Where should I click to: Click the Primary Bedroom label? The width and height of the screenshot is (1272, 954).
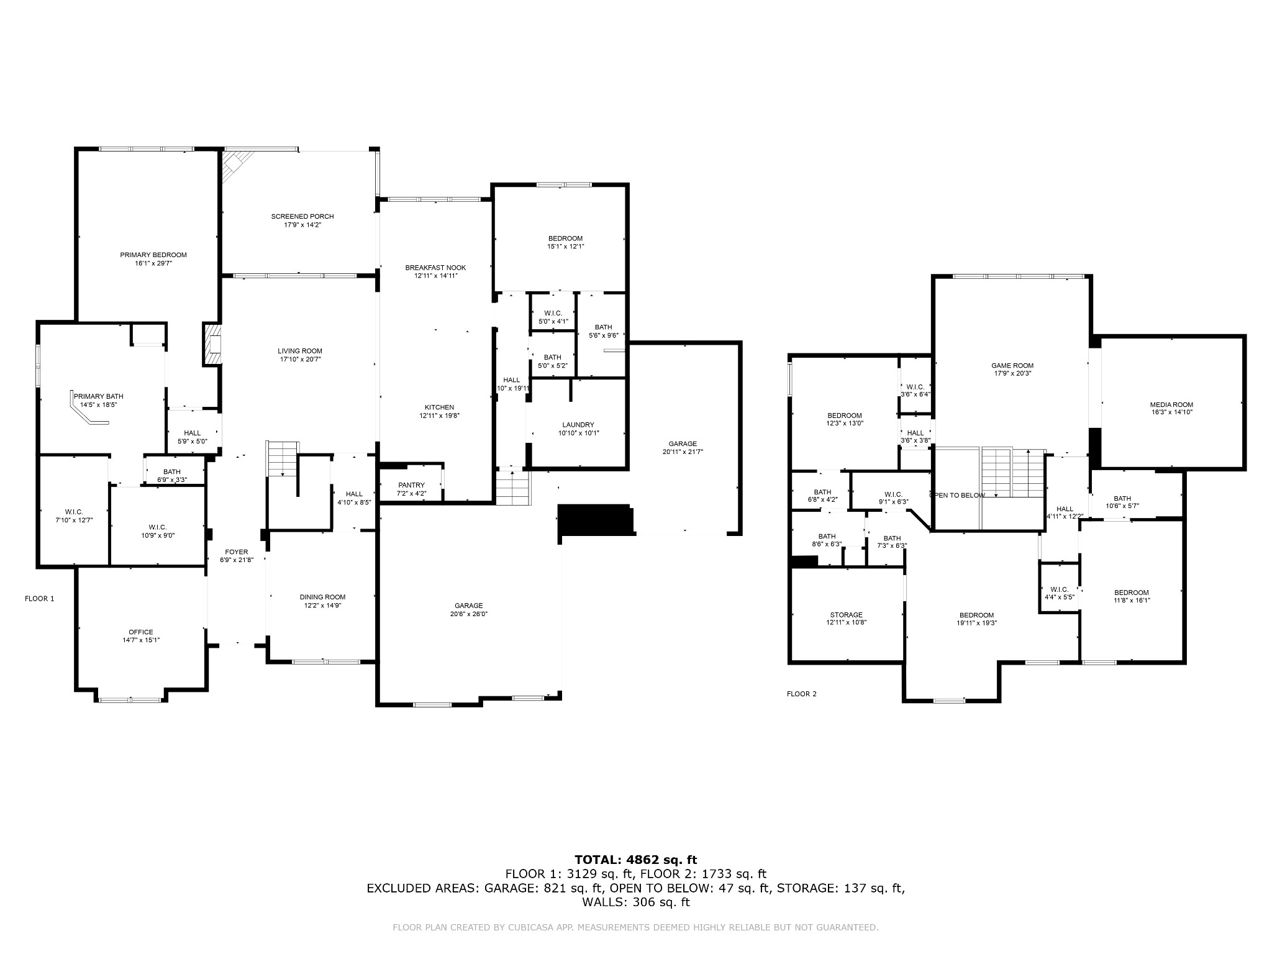point(153,255)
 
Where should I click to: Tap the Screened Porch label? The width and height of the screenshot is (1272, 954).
point(302,216)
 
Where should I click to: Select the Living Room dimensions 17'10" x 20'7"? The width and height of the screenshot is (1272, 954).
point(300,360)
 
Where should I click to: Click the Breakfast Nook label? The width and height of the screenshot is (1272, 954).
point(435,268)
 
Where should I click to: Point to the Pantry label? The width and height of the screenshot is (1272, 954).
point(411,485)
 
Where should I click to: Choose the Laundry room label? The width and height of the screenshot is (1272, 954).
point(578,425)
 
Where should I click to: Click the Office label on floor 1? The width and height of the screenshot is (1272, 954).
point(141,632)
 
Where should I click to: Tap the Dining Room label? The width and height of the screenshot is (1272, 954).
point(322,597)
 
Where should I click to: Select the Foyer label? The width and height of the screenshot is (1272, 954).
point(237,552)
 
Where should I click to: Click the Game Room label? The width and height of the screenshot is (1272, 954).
point(1012,366)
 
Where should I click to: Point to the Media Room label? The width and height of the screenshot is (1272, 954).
point(1171,405)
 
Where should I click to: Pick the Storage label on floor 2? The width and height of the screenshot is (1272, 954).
point(846,615)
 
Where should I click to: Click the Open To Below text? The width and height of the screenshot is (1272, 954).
point(957,495)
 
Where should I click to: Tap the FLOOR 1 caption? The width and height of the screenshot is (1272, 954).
point(40,599)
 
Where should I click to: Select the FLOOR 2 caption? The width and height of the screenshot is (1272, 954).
point(802,694)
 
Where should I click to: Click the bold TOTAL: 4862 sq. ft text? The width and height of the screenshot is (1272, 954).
point(636,860)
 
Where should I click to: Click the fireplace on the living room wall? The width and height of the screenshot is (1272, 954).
point(212,343)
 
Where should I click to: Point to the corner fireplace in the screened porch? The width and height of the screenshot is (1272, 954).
point(236,165)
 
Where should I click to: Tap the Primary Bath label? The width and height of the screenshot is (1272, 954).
point(99,396)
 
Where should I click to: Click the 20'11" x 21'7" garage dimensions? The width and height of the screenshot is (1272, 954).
point(683,452)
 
